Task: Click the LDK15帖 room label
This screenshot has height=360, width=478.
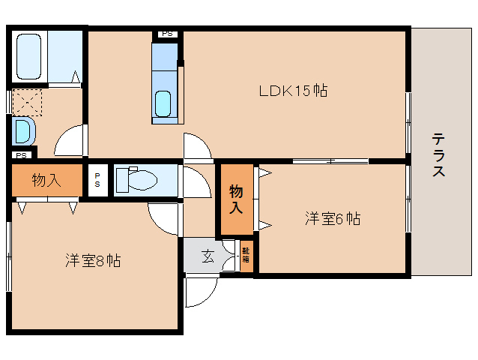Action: pos(293,91)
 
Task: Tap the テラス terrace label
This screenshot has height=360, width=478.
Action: pos(439,154)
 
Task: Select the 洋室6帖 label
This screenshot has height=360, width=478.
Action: pos(333,219)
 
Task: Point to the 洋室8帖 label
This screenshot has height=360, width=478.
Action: pos(93,260)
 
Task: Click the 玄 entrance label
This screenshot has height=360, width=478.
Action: pos(208,256)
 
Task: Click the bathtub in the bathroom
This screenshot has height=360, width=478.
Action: pos(31,56)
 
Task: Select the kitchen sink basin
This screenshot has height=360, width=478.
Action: pos(164,102)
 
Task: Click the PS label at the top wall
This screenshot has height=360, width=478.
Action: pos(166,34)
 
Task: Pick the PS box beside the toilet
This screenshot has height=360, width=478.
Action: pos(97,181)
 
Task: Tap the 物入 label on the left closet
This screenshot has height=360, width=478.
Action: pos(46,181)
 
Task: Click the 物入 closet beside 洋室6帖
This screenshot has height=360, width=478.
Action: pos(236,199)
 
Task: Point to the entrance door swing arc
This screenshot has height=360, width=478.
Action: pos(201,291)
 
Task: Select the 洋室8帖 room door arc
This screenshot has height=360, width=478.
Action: pos(165,217)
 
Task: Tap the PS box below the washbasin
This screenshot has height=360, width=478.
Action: pos(22,155)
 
